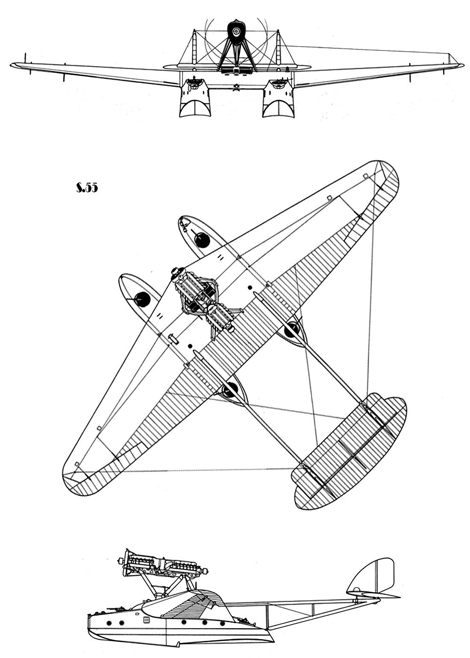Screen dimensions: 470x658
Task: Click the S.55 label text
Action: (87, 188)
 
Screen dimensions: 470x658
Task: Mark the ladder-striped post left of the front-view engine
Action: (194, 47)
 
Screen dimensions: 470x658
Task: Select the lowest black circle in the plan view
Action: (230, 389)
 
